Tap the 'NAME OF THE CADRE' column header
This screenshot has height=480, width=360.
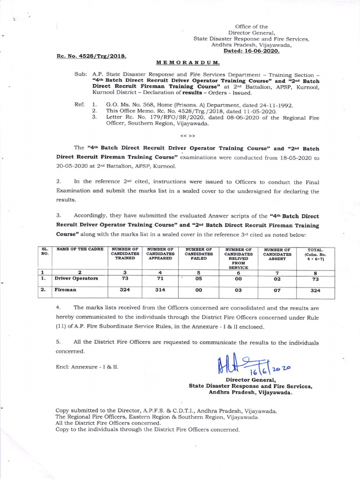pos(75,249)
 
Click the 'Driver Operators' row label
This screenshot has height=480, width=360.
pos(76,278)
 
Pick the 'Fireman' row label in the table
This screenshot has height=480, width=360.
pos(66,290)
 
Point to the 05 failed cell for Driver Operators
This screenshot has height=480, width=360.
pos(198,278)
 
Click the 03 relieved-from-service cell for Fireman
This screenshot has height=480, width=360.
pos(238,290)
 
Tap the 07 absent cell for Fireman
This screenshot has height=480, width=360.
pos(277,290)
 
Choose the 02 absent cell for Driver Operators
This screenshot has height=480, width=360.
pos(277,278)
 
